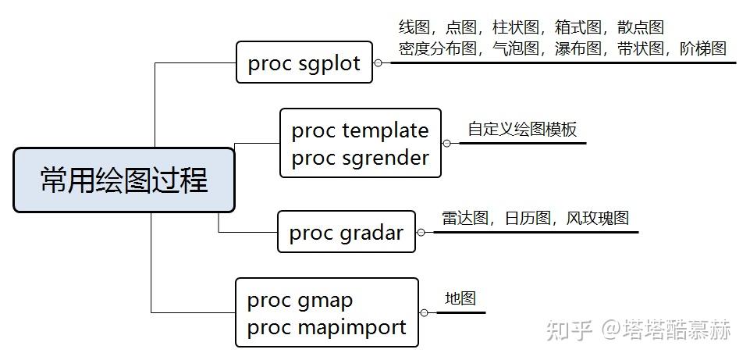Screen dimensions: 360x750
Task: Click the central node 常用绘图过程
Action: (x=124, y=180)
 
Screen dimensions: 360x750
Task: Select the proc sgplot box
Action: (x=304, y=62)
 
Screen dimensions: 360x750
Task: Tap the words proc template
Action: (x=360, y=130)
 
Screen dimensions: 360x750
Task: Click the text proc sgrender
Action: (x=360, y=158)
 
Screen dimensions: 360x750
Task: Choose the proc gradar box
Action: (x=346, y=233)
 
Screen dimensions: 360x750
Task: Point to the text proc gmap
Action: (x=300, y=300)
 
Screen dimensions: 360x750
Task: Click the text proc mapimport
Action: (x=326, y=327)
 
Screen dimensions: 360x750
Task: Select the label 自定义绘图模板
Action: (x=522, y=129)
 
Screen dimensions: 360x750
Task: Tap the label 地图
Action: (x=460, y=298)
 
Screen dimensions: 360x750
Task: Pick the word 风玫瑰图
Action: (x=598, y=218)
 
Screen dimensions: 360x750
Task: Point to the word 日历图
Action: (x=528, y=218)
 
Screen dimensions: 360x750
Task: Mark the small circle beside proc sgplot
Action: (x=378, y=63)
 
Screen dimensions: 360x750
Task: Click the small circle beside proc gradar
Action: (x=421, y=232)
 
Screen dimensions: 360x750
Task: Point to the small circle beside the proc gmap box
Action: (x=425, y=312)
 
